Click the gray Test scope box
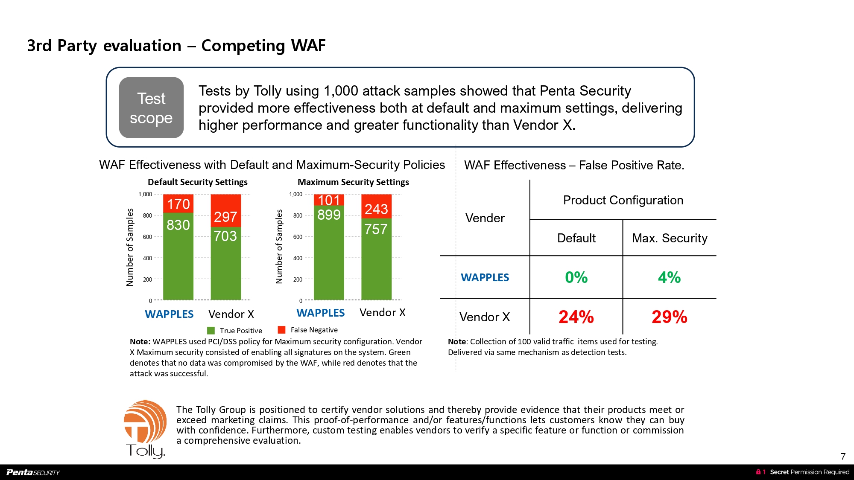pyautogui.click(x=151, y=108)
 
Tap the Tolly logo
pyautogui.click(x=145, y=429)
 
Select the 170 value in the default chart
pyautogui.click(x=178, y=204)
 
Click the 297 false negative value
pyautogui.click(x=225, y=217)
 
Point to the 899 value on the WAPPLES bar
pyautogui.click(x=329, y=215)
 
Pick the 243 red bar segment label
pyautogui.click(x=376, y=209)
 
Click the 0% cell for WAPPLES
pyautogui.click(x=576, y=277)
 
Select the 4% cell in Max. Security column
pyautogui.click(x=669, y=277)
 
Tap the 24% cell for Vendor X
pyautogui.click(x=576, y=317)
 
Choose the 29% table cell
pyautogui.click(x=669, y=317)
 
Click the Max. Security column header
pyautogui.click(x=670, y=238)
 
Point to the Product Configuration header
pyautogui.click(x=623, y=200)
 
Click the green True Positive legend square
pyautogui.click(x=211, y=331)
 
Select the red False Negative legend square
pyautogui.click(x=281, y=330)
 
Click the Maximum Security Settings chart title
pyautogui.click(x=353, y=182)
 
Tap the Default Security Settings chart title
pyautogui.click(x=197, y=182)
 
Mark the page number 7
pyautogui.click(x=843, y=456)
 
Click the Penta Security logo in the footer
pyautogui.click(x=33, y=472)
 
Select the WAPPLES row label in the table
pyautogui.click(x=485, y=277)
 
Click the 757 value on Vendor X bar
pyautogui.click(x=376, y=229)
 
